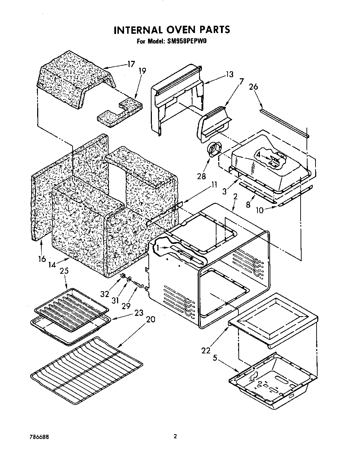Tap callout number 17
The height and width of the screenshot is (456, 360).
pos(131,64)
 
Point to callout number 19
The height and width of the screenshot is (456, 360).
pos(142,71)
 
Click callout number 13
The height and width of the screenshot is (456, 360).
pos(229,74)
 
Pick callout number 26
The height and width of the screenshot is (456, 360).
pos(254,87)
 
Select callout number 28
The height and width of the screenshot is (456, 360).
pos(202,176)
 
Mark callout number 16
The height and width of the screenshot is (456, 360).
pos(42,259)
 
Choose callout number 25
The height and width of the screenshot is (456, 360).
pos(65,271)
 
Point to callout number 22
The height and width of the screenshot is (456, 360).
pos(206,350)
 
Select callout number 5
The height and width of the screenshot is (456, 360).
pos(215,357)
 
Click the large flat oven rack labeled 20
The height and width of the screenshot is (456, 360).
pos(87,370)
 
